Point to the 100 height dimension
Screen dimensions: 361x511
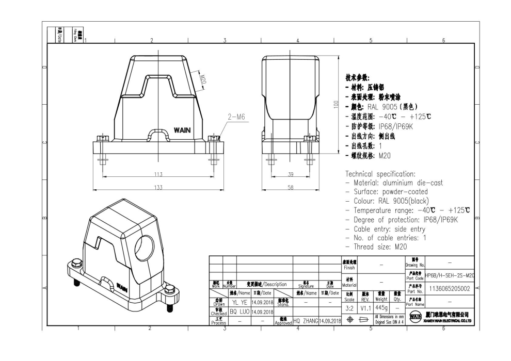click(336, 104)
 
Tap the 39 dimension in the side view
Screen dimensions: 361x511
click(290, 174)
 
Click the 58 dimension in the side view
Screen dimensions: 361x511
click(290, 187)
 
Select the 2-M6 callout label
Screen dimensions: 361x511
click(236, 117)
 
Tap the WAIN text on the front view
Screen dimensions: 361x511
click(182, 130)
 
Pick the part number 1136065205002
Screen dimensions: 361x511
click(449, 289)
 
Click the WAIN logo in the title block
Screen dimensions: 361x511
click(414, 316)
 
